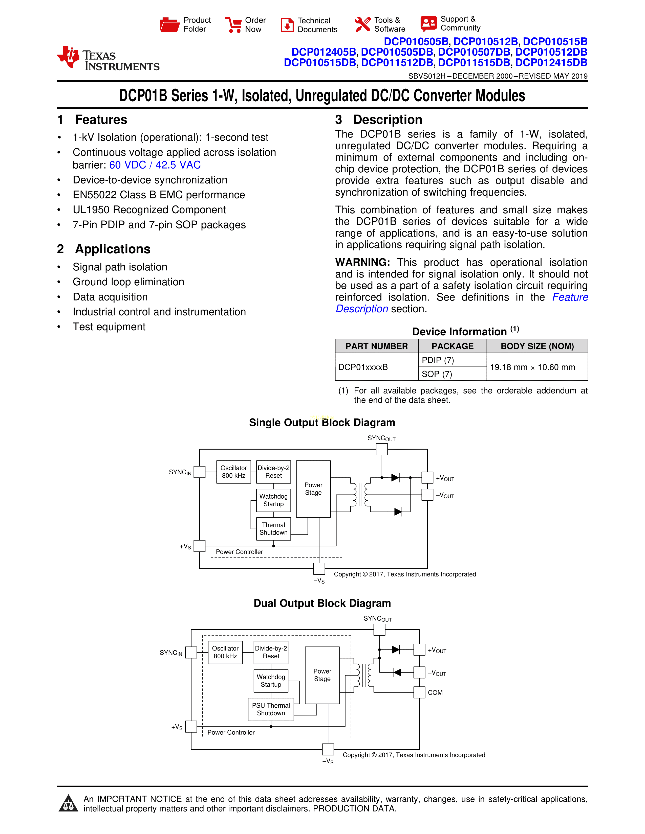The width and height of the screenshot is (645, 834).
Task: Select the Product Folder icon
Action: pyautogui.click(x=170, y=25)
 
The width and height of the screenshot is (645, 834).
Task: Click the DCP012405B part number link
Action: pyautogui.click(x=324, y=52)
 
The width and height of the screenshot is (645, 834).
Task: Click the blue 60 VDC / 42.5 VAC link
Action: pyautogui.click(x=155, y=165)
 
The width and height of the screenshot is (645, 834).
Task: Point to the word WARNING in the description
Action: pyautogui.click(x=362, y=262)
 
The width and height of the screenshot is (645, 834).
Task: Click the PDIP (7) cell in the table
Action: pyautogui.click(x=438, y=360)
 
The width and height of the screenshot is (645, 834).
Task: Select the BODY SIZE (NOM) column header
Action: pyautogui.click(x=537, y=346)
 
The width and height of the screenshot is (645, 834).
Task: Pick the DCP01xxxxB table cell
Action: pyautogui.click(x=363, y=367)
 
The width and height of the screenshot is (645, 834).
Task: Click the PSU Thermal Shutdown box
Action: pyautogui.click(x=271, y=709)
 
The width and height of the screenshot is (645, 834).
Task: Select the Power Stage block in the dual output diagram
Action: pyautogui.click(x=322, y=675)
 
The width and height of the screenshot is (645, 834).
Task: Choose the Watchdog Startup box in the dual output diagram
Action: pyautogui.click(x=271, y=681)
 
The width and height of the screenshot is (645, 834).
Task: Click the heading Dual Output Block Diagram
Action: pyautogui.click(x=322, y=603)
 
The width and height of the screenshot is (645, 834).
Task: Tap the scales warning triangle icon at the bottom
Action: pyautogui.click(x=68, y=803)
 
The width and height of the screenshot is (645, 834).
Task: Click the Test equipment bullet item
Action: pyautogui.click(x=109, y=327)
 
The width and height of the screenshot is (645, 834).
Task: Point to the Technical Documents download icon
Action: pyautogui.click(x=287, y=25)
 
